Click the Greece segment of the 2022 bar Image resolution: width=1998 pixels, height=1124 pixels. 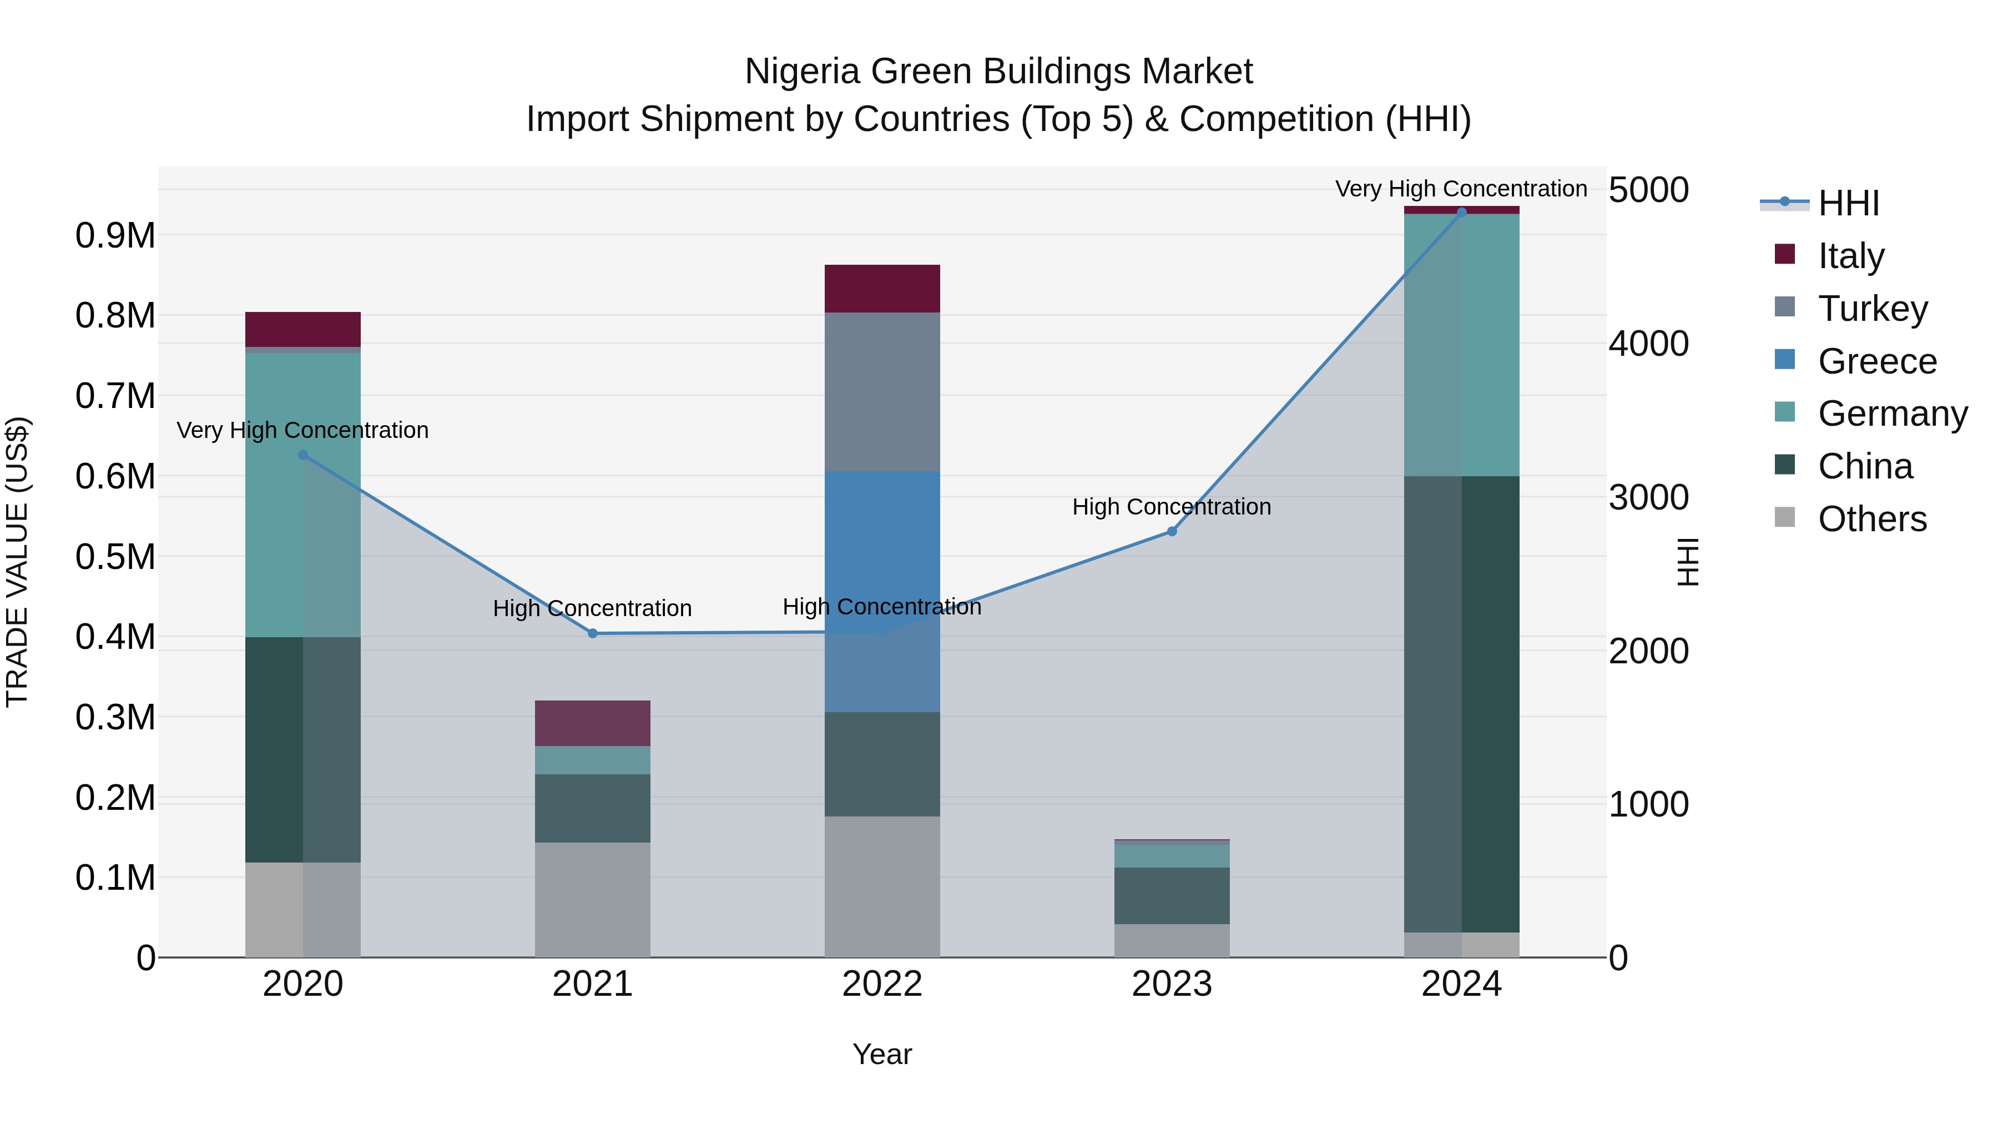pos(882,543)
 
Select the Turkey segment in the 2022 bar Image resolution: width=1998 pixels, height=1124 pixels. pos(882,392)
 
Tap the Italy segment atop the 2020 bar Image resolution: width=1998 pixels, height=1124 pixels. pos(302,329)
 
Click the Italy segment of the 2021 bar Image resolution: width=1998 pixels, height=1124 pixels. pos(593,723)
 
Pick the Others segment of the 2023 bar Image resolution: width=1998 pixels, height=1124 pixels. pos(1172,940)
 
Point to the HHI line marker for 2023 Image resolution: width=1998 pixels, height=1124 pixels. pos(1172,531)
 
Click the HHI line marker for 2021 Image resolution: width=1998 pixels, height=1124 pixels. pos(593,633)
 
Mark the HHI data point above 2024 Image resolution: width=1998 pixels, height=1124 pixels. pos(1461,212)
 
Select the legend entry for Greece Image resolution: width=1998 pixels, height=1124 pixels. pos(1877,361)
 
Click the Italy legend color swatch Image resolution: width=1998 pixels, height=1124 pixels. pos(1785,254)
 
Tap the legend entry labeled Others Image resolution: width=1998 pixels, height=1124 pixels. pos(1871,519)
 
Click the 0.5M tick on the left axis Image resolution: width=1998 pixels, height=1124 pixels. pos(115,557)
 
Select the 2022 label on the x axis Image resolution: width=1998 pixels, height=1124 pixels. pos(882,984)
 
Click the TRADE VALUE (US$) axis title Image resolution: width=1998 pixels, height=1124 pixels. pos(17,562)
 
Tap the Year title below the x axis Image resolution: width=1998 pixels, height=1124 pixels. pos(882,1054)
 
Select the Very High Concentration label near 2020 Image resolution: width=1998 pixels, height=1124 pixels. pos(302,430)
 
